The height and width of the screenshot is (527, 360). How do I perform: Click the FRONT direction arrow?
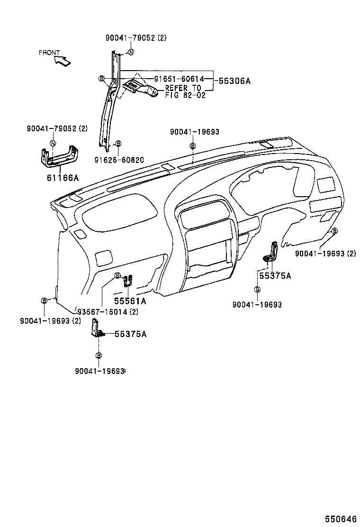63,60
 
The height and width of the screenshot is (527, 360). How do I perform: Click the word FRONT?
49,53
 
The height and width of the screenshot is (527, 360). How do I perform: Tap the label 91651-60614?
179,79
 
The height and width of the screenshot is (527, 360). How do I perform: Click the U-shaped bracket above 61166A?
60,157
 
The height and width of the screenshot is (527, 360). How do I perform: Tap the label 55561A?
130,301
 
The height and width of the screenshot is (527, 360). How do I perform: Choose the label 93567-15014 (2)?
108,311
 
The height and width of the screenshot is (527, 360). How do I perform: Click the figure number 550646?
340,518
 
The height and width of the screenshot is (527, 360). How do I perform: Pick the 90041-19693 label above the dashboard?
195,133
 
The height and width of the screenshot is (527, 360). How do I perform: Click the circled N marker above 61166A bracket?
53,143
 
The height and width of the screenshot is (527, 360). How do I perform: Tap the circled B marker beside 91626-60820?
118,143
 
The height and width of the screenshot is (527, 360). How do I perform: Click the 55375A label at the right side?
275,275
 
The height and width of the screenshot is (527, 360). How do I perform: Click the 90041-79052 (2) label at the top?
136,37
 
